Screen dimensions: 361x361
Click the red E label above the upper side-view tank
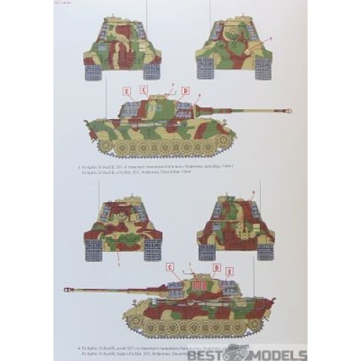127,91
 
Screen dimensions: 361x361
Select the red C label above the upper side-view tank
144,90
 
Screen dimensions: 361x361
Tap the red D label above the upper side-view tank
186,91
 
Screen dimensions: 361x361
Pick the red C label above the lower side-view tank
170,267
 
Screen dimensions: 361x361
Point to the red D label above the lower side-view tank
214,269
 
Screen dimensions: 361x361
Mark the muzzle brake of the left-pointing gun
69,290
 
